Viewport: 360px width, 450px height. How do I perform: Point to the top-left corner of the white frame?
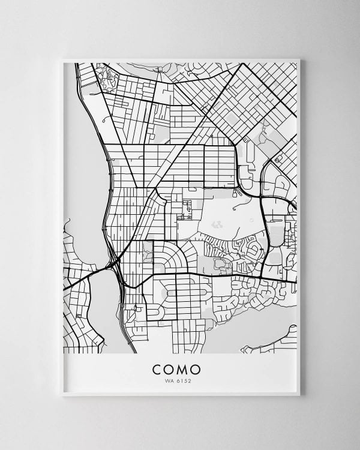[x=62, y=59]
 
